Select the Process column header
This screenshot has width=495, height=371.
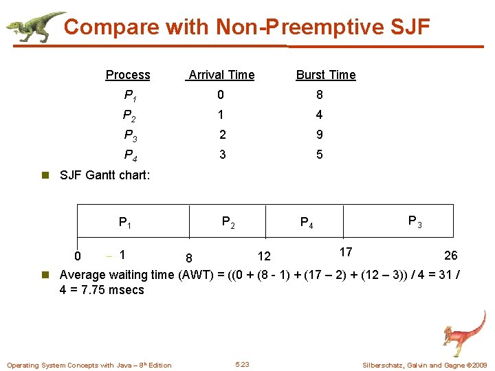point(128,75)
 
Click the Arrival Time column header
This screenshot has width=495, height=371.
point(221,75)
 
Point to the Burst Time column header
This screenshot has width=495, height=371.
point(325,75)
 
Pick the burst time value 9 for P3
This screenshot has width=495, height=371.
point(319,135)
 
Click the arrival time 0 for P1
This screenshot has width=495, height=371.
point(221,95)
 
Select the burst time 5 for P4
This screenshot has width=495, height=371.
point(319,155)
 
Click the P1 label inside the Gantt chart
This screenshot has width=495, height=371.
point(126,223)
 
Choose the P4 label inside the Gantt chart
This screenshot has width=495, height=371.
point(307,223)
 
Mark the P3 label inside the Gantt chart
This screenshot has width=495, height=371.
point(415,221)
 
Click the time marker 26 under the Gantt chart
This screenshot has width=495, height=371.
point(450,256)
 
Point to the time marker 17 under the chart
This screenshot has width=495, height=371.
point(345,253)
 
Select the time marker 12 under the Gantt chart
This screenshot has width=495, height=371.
point(264,257)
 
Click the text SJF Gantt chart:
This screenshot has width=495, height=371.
point(104,175)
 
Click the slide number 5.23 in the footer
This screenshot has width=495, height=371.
point(242,364)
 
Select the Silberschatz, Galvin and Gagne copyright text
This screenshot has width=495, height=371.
point(424,365)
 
